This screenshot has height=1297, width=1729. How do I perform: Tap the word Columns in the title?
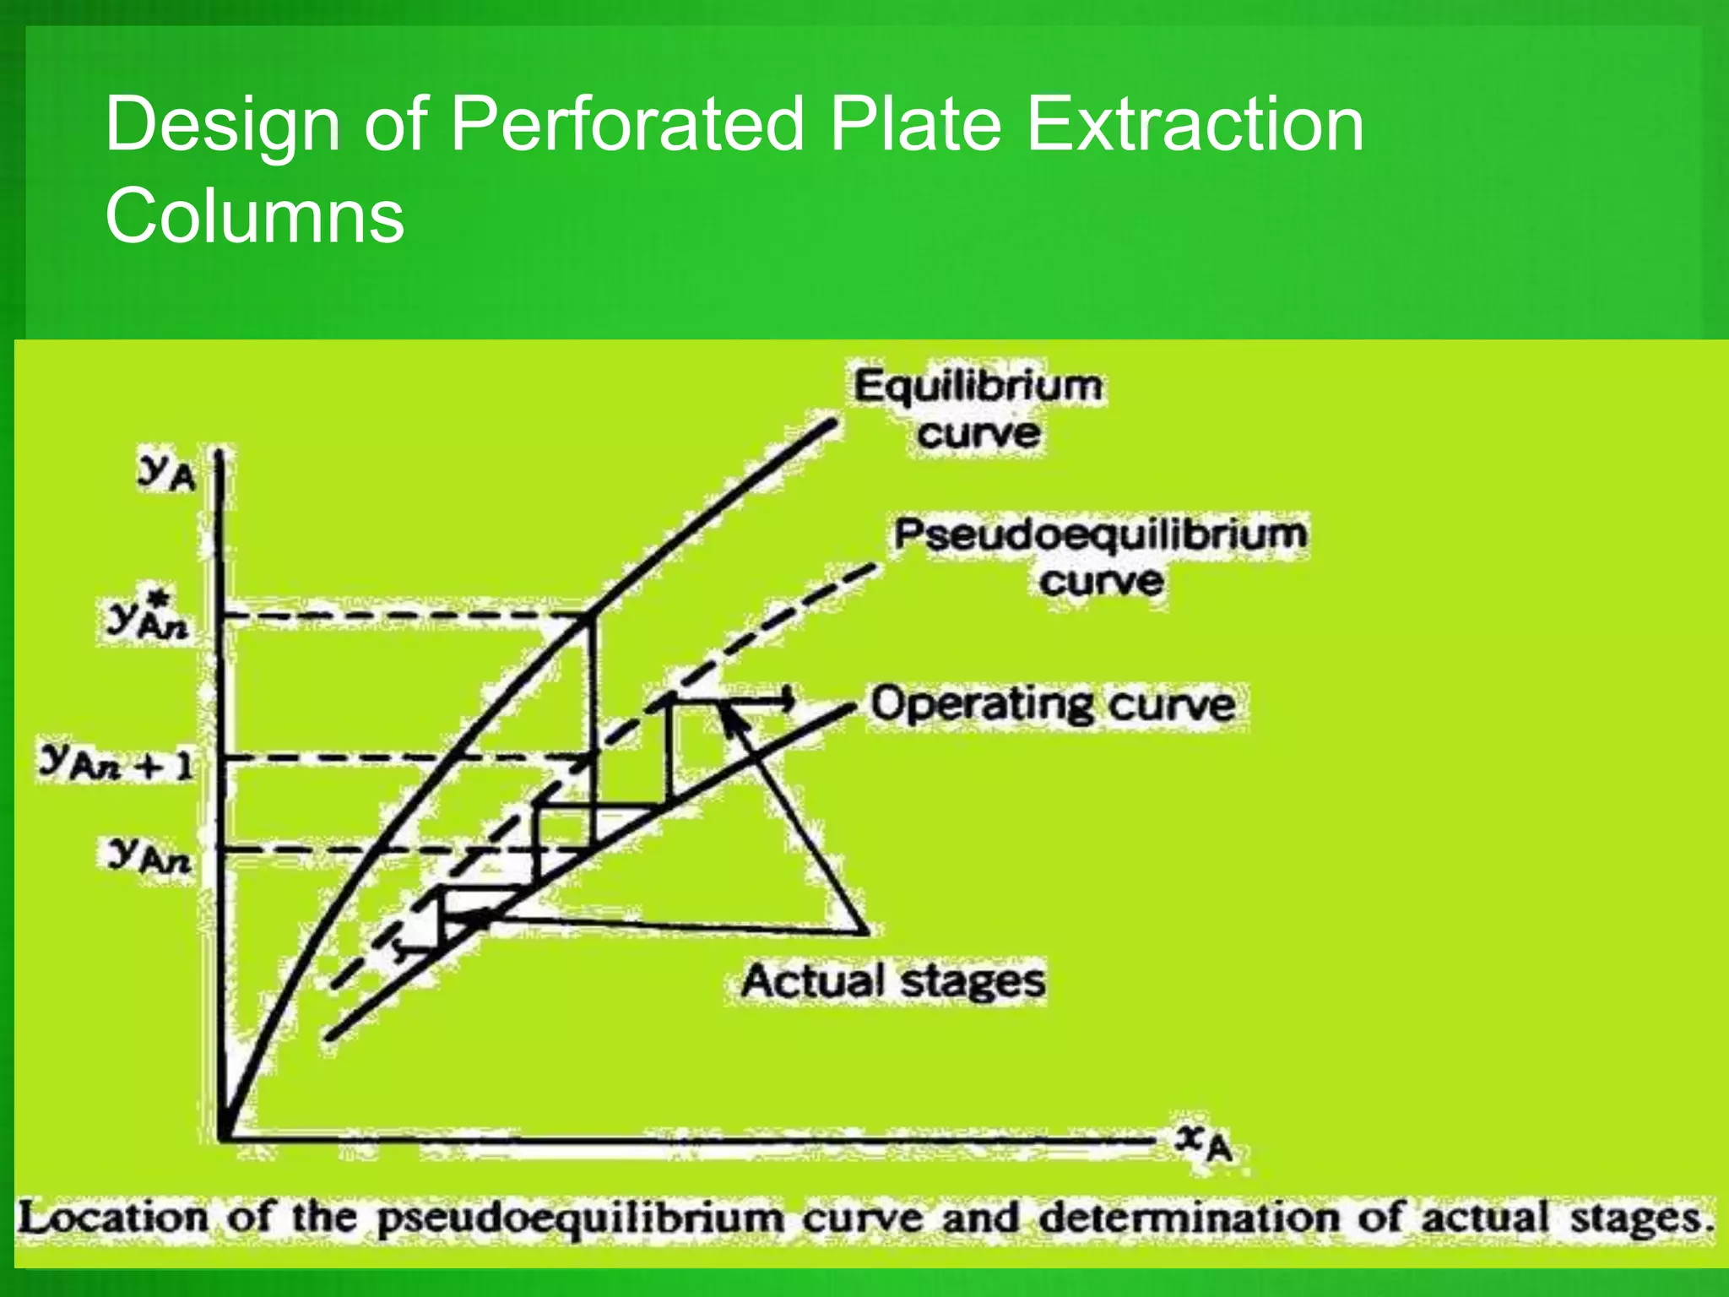[255, 216]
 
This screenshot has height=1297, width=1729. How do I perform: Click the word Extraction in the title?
[1195, 125]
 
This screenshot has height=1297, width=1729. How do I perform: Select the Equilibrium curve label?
[978, 410]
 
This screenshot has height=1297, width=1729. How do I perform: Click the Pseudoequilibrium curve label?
[1100, 557]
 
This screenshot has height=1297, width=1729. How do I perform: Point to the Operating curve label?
[1053, 704]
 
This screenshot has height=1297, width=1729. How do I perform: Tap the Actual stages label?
[893, 981]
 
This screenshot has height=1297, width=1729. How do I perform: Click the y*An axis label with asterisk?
[148, 619]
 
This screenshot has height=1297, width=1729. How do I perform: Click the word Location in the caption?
[113, 1218]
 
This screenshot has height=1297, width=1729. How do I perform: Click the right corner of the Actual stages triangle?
[865, 932]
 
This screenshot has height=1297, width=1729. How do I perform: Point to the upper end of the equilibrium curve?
[832, 422]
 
